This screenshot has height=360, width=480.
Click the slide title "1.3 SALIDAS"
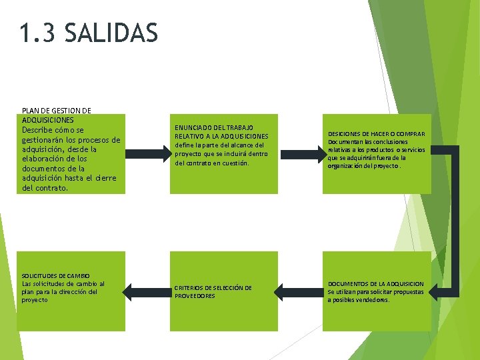(x=89, y=33)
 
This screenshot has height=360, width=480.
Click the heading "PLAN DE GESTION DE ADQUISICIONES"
(x=57, y=115)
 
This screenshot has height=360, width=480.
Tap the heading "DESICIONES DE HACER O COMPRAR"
(x=377, y=134)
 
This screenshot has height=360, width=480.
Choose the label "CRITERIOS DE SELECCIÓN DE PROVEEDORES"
(x=213, y=291)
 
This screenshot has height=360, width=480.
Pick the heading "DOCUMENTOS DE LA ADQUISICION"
(x=375, y=283)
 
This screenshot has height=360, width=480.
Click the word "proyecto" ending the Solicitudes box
(x=35, y=300)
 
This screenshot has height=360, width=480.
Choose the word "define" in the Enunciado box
(x=184, y=145)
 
